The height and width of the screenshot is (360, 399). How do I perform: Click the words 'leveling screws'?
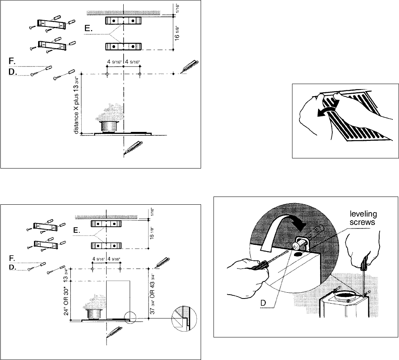point(363,218)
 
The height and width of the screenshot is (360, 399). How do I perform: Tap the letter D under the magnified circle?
point(263,303)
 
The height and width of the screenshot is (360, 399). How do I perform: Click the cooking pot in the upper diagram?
point(110,127)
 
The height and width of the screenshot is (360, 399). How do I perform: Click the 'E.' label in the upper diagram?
point(88,28)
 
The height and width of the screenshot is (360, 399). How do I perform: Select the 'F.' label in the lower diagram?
point(12,258)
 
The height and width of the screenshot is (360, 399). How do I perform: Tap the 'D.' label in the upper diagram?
point(12,72)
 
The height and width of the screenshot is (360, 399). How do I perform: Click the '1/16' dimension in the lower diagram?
point(152,212)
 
